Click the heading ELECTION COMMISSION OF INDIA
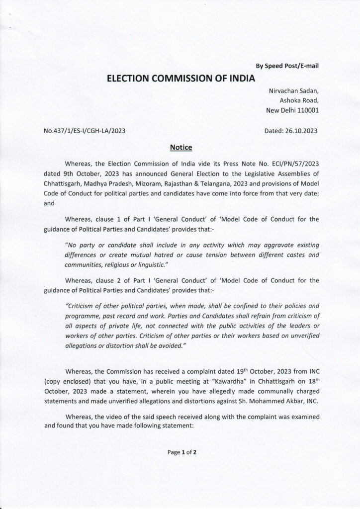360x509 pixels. [x=180, y=78]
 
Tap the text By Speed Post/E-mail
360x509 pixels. [x=287, y=66]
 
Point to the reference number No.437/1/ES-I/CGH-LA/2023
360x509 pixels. [x=85, y=131]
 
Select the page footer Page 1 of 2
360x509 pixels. [x=180, y=452]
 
